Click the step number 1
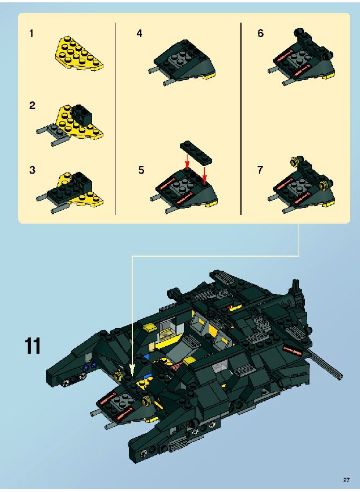31,34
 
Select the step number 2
33,106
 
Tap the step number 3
33,170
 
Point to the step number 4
139,34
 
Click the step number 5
142,170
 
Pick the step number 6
261,34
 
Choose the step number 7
260,170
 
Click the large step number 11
33,346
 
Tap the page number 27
346,480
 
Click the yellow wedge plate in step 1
78,53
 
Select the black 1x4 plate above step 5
196,153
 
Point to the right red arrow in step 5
204,175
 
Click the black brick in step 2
81,114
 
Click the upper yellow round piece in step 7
294,161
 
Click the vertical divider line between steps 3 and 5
116,118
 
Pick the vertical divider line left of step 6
241,118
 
